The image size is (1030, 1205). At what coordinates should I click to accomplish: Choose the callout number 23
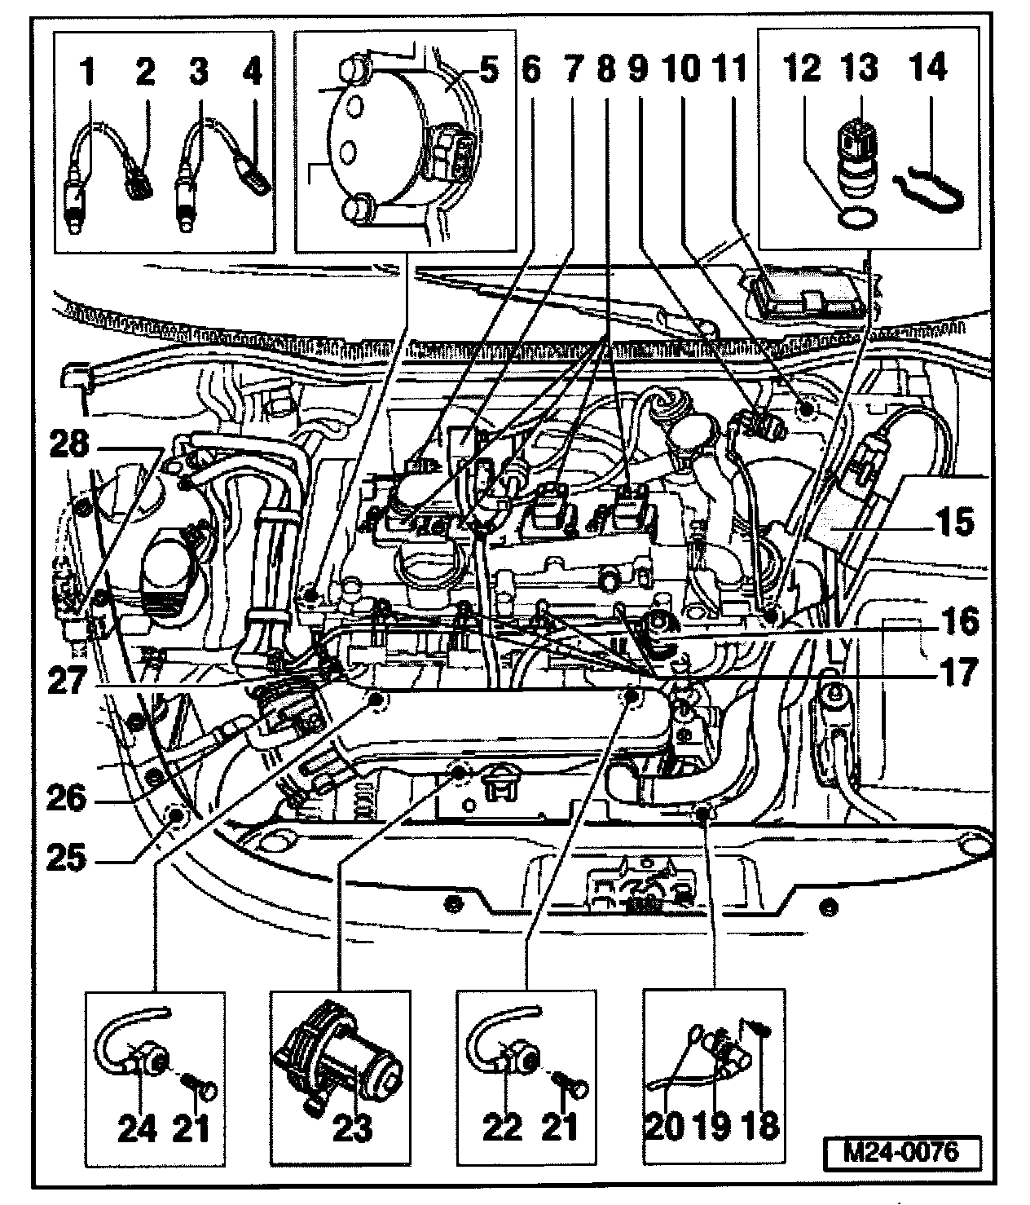tap(353, 1128)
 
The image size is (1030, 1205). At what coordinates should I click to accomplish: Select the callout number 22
tap(501, 1128)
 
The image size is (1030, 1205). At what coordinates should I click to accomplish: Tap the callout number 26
tap(65, 797)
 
